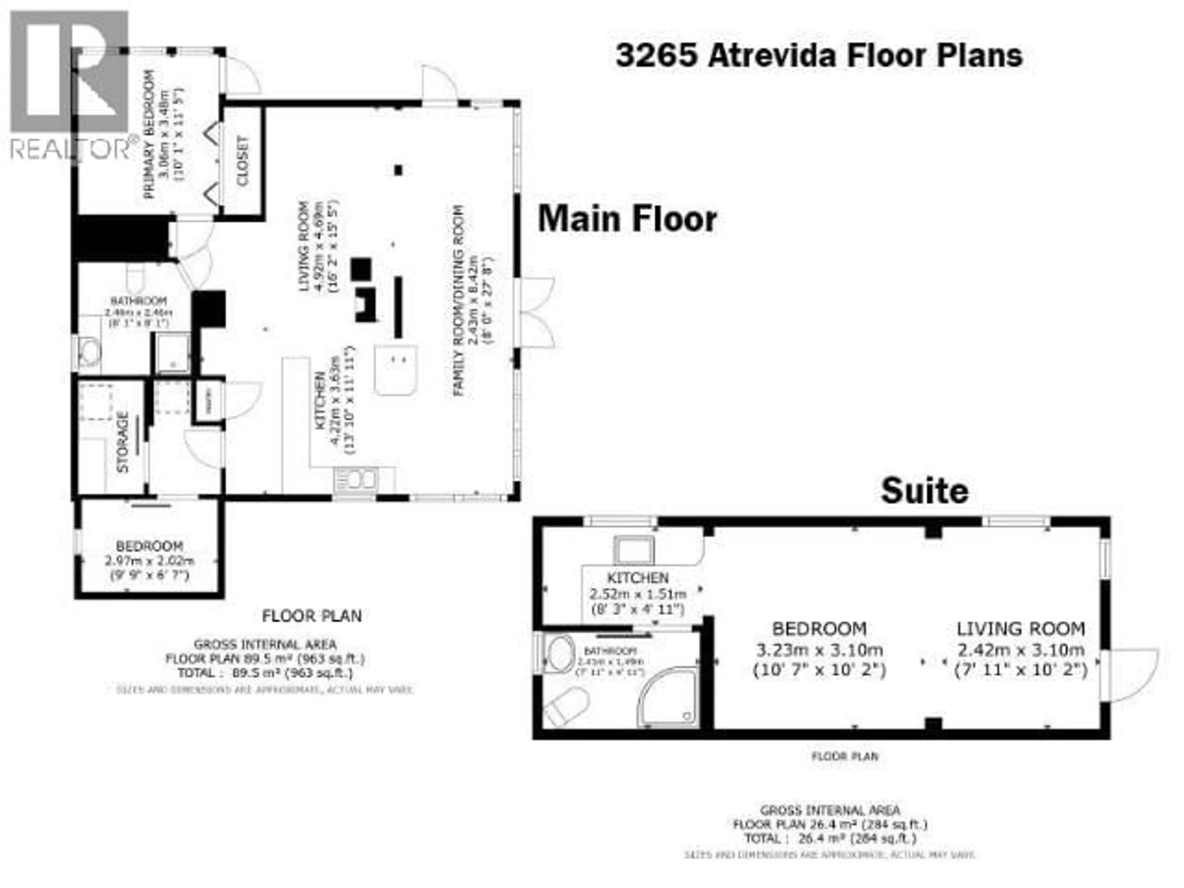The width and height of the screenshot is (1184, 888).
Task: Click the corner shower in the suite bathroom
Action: coord(669,698)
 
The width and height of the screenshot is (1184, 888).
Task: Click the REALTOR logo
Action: coord(70,86)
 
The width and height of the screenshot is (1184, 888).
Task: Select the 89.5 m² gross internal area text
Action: coord(265,658)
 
